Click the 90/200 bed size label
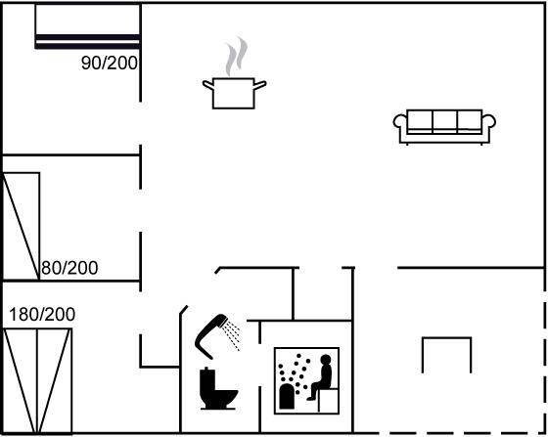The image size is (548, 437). (110, 63)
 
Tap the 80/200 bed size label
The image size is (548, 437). (69, 268)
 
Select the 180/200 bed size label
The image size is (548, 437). (42, 314)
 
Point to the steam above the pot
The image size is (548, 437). (237, 56)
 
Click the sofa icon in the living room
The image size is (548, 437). (444, 127)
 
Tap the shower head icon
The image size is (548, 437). (211, 335)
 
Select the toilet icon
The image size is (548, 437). (218, 388)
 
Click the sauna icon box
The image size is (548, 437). (306, 381)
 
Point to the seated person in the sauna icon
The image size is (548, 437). (322, 377)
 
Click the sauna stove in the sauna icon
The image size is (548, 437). (287, 396)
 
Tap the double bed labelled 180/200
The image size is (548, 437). (37, 381)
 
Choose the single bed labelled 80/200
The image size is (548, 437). (22, 226)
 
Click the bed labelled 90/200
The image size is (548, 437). (88, 26)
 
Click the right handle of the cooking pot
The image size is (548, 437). (260, 85)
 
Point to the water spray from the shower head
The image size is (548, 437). (233, 334)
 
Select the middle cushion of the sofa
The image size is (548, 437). (444, 120)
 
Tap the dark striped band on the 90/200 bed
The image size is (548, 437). (88, 41)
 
